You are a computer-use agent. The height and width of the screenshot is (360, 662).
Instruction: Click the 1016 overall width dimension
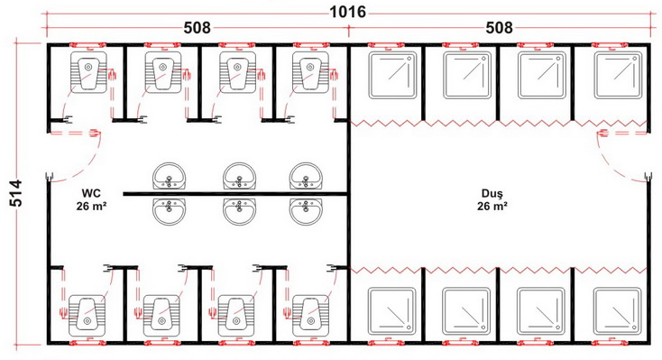347,12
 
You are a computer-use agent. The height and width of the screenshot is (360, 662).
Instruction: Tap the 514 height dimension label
16,193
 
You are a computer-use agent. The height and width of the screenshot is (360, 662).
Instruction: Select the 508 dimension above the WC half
197,28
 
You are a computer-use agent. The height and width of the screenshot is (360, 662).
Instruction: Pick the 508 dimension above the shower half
499,28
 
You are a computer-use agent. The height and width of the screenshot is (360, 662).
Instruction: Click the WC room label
91,193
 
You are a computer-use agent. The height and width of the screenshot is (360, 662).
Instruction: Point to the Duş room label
492,193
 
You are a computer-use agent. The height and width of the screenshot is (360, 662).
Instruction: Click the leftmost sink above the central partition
169,177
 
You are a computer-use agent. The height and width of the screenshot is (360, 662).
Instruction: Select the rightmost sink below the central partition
306,211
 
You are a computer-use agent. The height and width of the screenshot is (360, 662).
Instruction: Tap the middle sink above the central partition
239,177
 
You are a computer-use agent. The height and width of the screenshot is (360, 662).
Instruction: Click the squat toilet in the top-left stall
88,71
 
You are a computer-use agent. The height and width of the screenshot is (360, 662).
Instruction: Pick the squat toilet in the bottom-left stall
87,315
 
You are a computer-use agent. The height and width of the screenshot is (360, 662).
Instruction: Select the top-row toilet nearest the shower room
310,71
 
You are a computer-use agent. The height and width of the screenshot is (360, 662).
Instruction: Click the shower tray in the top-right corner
618,75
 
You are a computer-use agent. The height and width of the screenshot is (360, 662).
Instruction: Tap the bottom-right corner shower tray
617,311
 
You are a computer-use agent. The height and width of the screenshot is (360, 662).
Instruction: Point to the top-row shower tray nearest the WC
392,75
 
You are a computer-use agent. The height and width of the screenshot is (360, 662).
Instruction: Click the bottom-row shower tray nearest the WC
391,311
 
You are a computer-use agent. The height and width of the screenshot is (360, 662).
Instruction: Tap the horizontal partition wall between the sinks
235,194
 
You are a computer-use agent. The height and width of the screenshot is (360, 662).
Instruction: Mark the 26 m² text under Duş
492,206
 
